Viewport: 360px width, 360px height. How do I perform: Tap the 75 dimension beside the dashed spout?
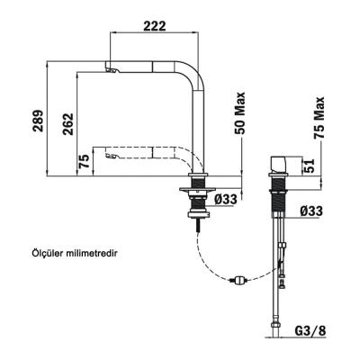coord(84,161)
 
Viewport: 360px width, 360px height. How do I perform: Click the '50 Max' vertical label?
coord(241,113)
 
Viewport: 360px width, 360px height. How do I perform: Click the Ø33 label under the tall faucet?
coord(227,200)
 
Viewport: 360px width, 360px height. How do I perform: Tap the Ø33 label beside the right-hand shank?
coord(311,211)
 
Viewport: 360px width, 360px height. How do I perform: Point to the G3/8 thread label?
coord(311,331)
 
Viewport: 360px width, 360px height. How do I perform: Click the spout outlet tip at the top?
coord(112,69)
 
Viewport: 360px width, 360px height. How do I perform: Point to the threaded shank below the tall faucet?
coord(195,203)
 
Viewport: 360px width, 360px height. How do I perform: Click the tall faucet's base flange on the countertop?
coord(195,187)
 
